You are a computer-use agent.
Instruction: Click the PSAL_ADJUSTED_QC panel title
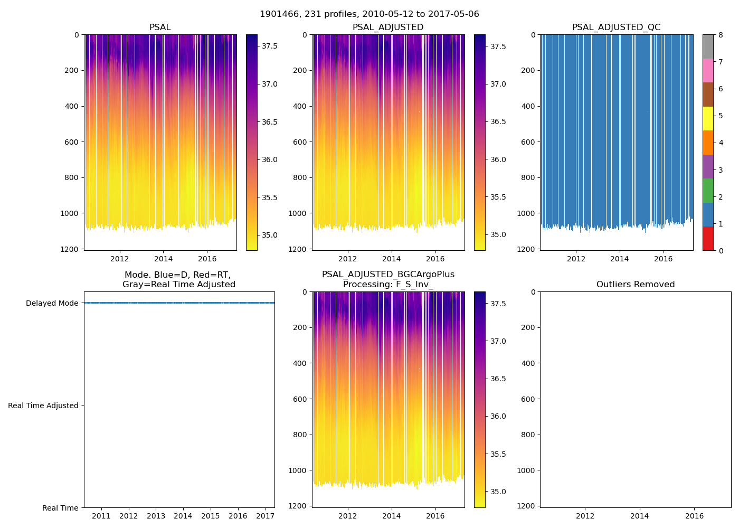616,27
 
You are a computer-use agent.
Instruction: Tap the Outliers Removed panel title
635,285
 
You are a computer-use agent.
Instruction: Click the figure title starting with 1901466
369,14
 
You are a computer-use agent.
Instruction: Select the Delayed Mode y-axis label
52,303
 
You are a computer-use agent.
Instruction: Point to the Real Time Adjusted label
43,406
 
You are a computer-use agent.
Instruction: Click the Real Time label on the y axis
60,508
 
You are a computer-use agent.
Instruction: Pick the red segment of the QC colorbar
708,238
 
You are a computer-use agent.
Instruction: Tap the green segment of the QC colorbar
708,190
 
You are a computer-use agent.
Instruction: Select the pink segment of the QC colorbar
708,70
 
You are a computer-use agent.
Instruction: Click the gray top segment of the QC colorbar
708,46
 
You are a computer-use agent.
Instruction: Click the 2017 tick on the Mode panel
266,516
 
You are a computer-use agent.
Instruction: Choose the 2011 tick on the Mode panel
101,516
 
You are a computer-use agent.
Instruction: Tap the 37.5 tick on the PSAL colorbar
270,46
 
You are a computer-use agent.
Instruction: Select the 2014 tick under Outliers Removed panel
640,516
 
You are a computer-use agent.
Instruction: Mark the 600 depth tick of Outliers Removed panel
528,399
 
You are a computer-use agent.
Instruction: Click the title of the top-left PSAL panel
160,27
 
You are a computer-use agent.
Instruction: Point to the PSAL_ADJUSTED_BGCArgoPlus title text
388,275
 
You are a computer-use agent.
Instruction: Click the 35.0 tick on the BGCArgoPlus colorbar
498,492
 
